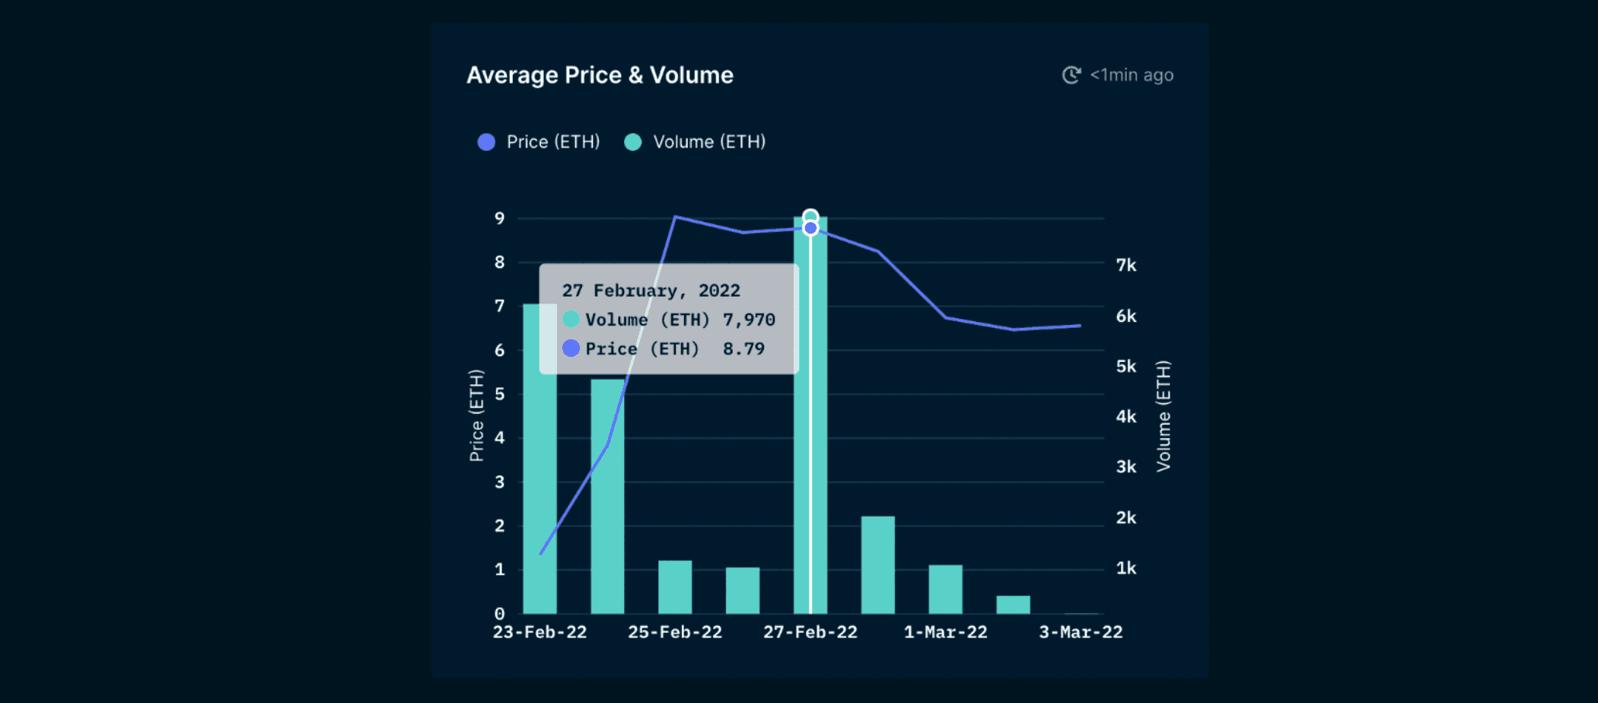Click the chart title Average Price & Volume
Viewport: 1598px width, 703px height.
[x=600, y=75]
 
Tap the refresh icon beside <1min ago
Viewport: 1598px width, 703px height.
[x=1071, y=75]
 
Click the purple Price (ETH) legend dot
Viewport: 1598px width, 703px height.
[x=486, y=142]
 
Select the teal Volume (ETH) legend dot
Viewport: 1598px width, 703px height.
[x=632, y=142]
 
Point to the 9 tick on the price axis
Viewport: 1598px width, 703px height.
[x=499, y=218]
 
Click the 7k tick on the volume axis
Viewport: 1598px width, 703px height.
[x=1125, y=266]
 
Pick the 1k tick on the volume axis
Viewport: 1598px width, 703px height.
[x=1125, y=568]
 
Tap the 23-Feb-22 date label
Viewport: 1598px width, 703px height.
[x=540, y=632]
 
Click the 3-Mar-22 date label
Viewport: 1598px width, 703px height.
[x=1081, y=632]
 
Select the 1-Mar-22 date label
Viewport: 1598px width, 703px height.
[x=945, y=632]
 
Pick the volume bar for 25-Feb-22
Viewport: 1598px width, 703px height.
[x=675, y=587]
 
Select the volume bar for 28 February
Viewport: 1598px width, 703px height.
[x=877, y=565]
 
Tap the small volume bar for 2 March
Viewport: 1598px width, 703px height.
[x=1013, y=605]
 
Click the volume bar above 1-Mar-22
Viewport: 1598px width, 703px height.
[x=945, y=589]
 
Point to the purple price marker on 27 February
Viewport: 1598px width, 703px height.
[x=810, y=228]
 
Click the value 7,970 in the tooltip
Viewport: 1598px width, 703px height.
[x=749, y=320]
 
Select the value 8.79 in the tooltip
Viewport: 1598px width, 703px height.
[x=743, y=349]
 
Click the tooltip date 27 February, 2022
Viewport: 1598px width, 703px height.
[x=651, y=291]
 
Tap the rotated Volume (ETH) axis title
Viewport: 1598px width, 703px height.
[x=1163, y=415]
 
